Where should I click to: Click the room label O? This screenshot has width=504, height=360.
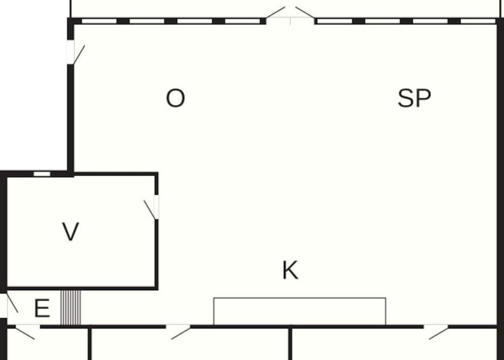[175, 98]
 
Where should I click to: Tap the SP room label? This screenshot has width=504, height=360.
[414, 98]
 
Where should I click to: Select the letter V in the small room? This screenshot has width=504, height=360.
[71, 232]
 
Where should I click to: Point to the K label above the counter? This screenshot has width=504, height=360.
[290, 271]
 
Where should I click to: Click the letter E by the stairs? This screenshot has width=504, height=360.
[41, 309]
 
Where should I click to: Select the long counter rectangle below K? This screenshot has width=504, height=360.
[299, 311]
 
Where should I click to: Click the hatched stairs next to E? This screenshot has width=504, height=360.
[71, 307]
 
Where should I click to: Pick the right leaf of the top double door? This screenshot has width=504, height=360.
[305, 13]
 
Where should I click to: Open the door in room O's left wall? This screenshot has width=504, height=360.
[76, 53]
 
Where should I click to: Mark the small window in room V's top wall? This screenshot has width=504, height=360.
[41, 174]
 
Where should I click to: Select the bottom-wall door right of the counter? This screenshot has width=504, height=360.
[437, 331]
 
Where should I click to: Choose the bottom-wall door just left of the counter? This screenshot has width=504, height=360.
[178, 331]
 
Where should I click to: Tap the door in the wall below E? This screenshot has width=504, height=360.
[25, 331]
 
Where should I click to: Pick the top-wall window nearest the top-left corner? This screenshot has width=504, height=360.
[98, 21]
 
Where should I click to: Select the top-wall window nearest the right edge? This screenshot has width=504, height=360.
[478, 21]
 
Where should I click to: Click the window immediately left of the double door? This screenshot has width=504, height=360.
[242, 21]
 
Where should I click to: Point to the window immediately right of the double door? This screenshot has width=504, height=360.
[334, 21]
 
